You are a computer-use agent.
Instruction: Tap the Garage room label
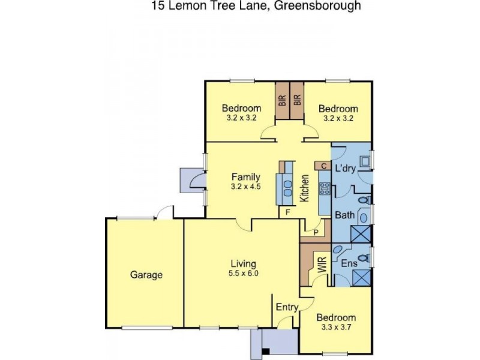click(146, 275)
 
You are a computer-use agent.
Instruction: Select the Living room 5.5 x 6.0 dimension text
click(244, 274)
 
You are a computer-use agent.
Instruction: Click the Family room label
click(246, 176)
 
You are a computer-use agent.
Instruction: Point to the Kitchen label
click(305, 188)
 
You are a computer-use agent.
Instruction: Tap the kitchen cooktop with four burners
click(325, 189)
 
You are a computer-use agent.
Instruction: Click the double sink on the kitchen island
click(287, 188)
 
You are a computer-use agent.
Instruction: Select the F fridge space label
click(288, 212)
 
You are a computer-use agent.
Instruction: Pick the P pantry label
click(316, 232)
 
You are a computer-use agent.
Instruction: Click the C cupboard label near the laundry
click(323, 166)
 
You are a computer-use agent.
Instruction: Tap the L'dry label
click(346, 169)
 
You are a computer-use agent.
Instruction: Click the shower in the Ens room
click(362, 277)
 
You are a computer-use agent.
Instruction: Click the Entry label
click(287, 307)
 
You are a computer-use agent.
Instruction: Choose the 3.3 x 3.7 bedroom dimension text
click(336, 328)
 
